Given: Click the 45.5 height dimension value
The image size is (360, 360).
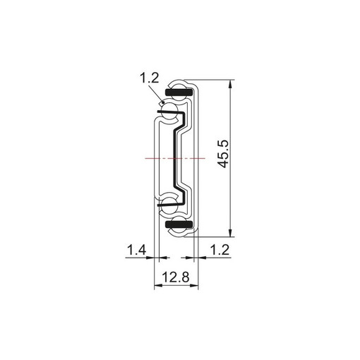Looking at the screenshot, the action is [223, 154].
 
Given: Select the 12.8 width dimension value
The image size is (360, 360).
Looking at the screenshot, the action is [176, 277].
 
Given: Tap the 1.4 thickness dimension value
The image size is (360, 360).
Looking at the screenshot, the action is [137, 250].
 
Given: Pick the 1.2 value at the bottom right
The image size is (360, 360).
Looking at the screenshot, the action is [220, 250].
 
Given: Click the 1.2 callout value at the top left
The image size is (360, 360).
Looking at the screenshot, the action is [150, 78].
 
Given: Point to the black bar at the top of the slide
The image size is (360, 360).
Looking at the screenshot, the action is [179, 92].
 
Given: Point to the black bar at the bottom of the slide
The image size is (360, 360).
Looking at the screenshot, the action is [179, 224].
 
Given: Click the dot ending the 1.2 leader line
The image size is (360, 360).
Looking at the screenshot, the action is [164, 102].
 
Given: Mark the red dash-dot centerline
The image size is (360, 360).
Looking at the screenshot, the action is [175, 158].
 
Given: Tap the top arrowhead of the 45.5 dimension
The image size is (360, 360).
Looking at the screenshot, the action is [232, 84].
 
